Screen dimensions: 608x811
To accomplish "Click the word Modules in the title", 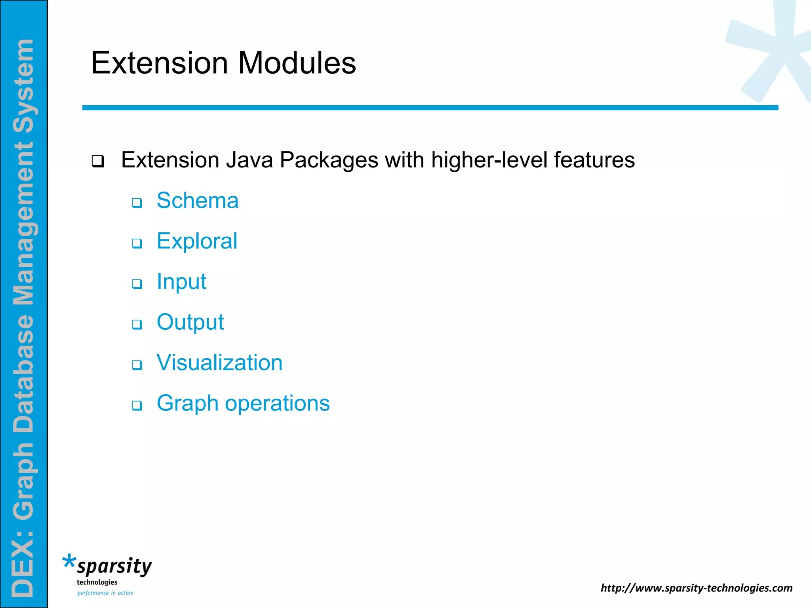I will click(297, 63).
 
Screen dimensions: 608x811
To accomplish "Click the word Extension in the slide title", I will click(160, 63).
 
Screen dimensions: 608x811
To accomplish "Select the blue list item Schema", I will click(197, 200).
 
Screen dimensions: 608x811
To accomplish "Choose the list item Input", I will click(181, 281).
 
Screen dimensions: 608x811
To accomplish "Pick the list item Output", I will click(190, 322).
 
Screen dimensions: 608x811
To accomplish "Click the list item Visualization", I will click(219, 363).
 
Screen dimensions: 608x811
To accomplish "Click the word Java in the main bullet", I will click(249, 160).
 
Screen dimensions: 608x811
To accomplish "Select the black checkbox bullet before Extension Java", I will click(97, 161).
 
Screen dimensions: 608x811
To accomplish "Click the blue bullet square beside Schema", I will click(137, 203).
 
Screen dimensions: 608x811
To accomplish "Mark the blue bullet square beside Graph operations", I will click(137, 405).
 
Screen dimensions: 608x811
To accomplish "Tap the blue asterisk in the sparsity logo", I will click(69, 562).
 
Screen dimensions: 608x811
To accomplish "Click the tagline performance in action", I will click(105, 593).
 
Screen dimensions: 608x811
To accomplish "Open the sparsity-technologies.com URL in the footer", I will click(696, 588).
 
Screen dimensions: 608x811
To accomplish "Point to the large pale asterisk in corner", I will click(772, 51).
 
